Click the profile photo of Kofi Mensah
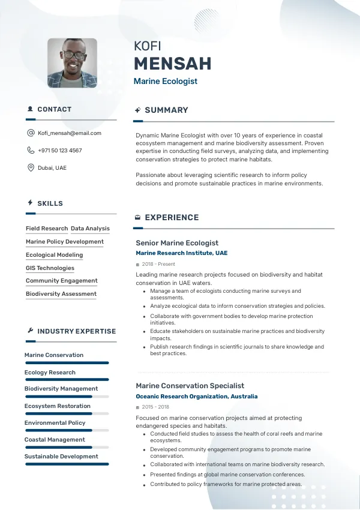point(72,63)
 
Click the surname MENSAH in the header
point(172,64)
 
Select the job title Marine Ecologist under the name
point(165,81)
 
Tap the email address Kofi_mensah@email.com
point(70,133)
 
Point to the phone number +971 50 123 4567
point(60,151)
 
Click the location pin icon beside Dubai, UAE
point(31,168)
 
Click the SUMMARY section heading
point(166,110)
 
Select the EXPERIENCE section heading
point(172,218)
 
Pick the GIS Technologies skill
point(50,268)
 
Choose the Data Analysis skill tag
point(90,229)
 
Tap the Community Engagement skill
point(61,281)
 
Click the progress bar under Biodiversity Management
point(66,397)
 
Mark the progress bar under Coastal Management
point(66,447)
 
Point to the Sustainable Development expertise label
point(61,457)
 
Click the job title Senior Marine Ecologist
point(177,243)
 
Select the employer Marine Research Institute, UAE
point(182,253)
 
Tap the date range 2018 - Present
point(158,264)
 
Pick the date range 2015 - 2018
point(155,407)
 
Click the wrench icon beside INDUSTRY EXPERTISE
point(31,331)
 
